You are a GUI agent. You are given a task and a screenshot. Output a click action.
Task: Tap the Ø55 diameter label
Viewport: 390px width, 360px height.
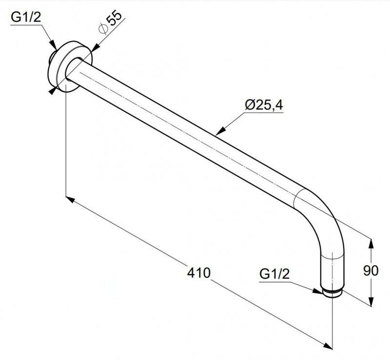(110, 24)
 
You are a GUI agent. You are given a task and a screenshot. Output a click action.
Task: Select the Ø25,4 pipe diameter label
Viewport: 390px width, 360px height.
(264, 105)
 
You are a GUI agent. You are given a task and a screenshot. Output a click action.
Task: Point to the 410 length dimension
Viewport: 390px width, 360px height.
(198, 273)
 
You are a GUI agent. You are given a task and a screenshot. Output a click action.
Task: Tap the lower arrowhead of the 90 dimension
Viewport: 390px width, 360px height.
(371, 300)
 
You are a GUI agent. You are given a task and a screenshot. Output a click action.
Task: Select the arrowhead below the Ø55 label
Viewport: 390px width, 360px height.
(95, 47)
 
